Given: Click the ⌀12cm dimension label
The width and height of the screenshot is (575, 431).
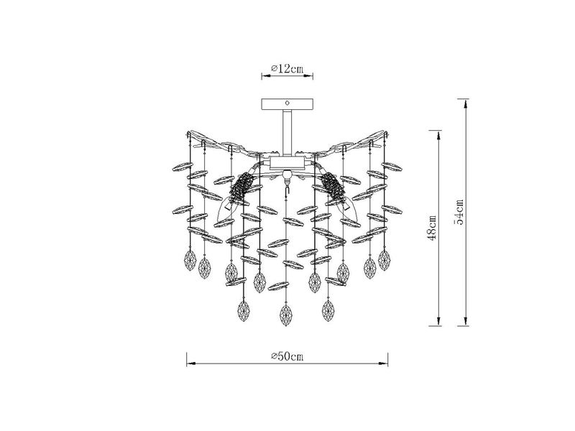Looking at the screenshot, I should [287, 68].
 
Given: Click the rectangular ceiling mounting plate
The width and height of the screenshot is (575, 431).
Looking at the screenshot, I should [287, 103].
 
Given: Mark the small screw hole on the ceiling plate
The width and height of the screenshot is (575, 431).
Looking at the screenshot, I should [287, 102].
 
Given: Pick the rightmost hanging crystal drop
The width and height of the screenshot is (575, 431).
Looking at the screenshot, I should [385, 259].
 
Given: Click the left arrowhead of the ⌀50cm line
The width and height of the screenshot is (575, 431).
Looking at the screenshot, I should [189, 362].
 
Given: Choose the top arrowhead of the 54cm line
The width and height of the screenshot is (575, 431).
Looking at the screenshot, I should [467, 102].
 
